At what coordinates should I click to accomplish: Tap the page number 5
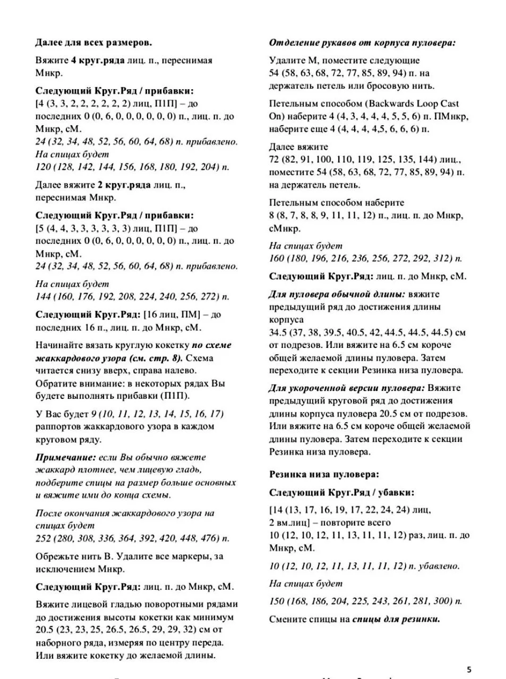pos(469,669)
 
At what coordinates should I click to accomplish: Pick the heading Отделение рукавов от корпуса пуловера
pos(362,43)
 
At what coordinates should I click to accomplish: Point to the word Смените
pos(287,619)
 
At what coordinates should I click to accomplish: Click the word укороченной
pos(329,388)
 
